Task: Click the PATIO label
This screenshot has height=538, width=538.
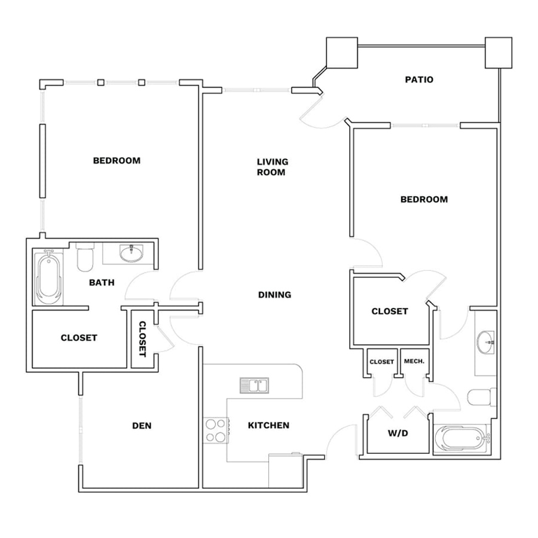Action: click(419, 80)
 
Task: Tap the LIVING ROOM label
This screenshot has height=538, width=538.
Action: click(273, 167)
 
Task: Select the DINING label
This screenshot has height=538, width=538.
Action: click(274, 294)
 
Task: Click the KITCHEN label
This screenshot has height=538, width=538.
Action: click(268, 425)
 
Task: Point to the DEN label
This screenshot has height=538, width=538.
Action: click(142, 426)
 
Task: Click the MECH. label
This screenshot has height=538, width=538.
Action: click(414, 361)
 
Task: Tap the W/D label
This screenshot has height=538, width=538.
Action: click(398, 433)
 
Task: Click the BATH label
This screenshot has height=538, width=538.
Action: click(102, 282)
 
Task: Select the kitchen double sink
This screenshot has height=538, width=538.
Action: click(254, 386)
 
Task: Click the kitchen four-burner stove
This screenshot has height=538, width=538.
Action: click(216, 430)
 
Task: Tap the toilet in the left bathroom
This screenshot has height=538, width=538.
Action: click(85, 256)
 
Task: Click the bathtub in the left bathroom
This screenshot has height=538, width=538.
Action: click(48, 277)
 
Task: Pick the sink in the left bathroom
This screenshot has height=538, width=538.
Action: click(132, 253)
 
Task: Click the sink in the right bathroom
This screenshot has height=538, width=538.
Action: click(485, 342)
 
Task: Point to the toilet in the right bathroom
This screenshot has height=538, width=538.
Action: click(482, 398)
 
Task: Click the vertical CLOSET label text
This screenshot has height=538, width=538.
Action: click(142, 339)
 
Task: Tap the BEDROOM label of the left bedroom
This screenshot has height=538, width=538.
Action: click(117, 160)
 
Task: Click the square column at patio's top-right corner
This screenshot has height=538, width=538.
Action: click(498, 53)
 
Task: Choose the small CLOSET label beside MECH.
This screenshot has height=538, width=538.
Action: click(381, 362)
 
